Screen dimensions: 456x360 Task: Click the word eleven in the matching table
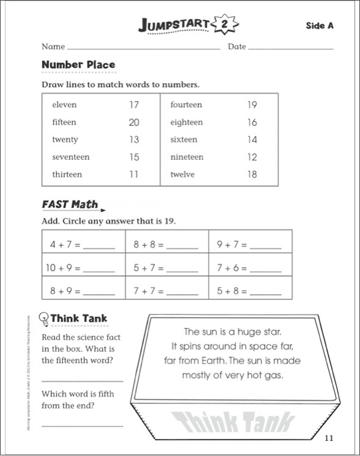coord(64,105)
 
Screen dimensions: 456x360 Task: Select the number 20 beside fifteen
coord(134,122)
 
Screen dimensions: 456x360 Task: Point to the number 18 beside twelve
coord(252,174)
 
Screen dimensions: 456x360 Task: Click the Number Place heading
coord(78,64)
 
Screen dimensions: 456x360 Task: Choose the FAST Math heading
coord(70,204)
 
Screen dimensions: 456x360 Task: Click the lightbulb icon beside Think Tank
coord(43,318)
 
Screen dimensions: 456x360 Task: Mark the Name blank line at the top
coord(144,48)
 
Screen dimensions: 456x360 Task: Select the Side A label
coord(320,25)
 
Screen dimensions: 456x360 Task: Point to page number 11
coord(329,437)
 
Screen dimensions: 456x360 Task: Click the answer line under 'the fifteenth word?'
coord(82,379)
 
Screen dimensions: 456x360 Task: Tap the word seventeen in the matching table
coord(71,157)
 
